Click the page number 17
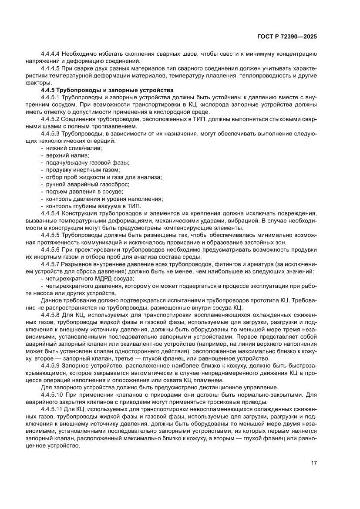click(313, 462)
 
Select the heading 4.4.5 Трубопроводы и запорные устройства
click(92, 90)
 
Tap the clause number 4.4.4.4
click(50, 54)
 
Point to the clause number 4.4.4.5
click(50, 68)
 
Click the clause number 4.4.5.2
click(50, 119)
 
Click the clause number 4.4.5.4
click(50, 213)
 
